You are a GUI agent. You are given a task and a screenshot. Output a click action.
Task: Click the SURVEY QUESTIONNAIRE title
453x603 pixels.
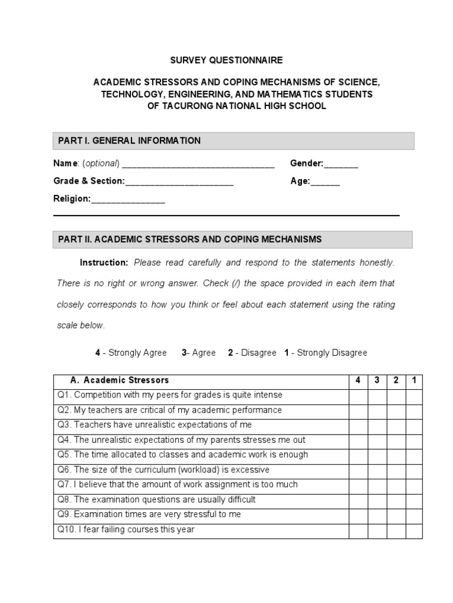[x=226, y=60]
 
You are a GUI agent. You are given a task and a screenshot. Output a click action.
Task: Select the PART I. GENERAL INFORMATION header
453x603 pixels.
[x=129, y=141]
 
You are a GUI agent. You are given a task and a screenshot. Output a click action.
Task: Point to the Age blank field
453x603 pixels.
[x=325, y=182]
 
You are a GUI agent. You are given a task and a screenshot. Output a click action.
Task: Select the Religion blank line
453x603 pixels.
[x=128, y=200]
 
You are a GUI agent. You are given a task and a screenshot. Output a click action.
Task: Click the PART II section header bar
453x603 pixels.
[x=233, y=239]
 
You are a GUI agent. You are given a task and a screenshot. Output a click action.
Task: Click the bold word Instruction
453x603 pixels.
[x=104, y=262]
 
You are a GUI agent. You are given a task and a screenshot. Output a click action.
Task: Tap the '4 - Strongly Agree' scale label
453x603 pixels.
[x=131, y=353]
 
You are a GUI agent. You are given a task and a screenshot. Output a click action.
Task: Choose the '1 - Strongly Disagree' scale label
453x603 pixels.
[x=326, y=353]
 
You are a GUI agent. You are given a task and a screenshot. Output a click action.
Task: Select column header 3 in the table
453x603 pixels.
[x=377, y=380]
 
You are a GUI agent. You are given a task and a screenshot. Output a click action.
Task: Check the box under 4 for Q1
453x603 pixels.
[x=358, y=395]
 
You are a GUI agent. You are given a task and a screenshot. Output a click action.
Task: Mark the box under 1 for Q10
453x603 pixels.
[x=414, y=530]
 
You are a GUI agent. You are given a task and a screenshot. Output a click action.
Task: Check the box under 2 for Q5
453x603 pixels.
[x=396, y=455]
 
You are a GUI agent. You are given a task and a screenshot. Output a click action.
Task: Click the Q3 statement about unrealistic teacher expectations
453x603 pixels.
[x=155, y=425]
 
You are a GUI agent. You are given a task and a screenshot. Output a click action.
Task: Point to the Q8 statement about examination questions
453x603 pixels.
[x=156, y=500]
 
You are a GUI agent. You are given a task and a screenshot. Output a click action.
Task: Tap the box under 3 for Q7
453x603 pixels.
[x=377, y=485]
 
